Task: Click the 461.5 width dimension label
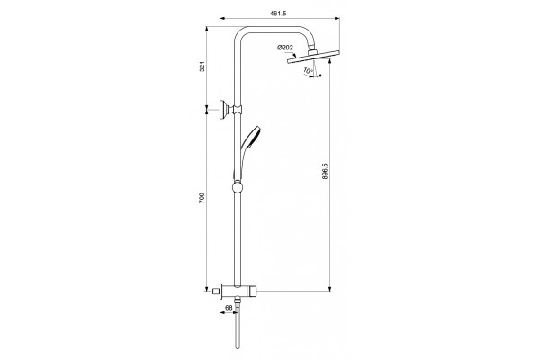click(278, 13)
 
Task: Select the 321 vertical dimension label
click(202, 66)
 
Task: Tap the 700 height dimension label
click(202, 198)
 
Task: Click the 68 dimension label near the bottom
click(229, 308)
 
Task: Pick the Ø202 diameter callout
click(285, 48)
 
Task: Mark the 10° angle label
click(308, 71)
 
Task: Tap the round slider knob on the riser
click(238, 187)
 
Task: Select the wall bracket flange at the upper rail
click(222, 110)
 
